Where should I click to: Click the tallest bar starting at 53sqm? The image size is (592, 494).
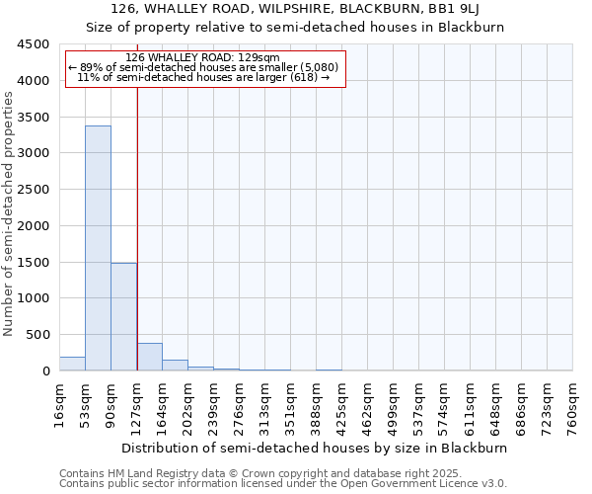tap(98, 247)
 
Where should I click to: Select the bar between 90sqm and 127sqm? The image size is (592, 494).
tap(123, 316)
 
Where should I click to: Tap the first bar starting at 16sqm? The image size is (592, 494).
tap(72, 364)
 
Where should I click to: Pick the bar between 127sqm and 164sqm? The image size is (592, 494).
tap(149, 357)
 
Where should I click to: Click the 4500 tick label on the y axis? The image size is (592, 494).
tap(33, 44)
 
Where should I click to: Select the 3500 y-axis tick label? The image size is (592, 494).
tap(33, 117)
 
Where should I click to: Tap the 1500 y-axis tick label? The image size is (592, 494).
tap(33, 262)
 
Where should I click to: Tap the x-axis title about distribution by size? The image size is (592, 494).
tap(316, 448)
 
